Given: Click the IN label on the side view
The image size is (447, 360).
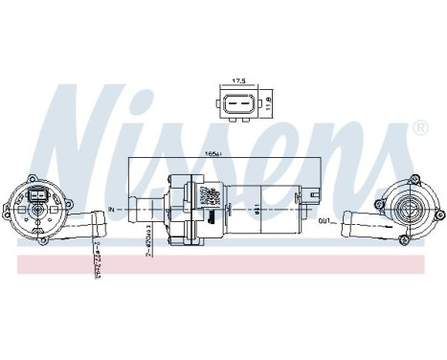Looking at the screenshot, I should click(x=113, y=207).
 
